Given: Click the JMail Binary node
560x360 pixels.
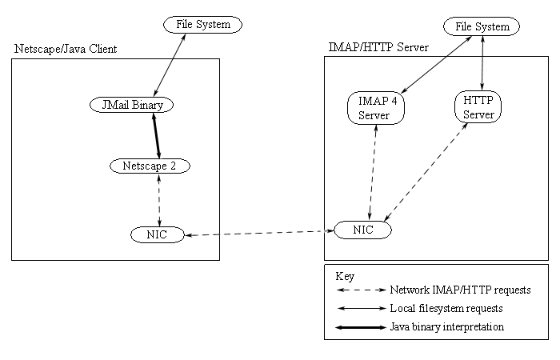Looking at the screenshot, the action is pos(131,105).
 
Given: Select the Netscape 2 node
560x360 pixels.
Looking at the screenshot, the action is pos(150,166).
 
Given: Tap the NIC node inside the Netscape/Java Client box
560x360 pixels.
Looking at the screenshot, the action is pos(157,234).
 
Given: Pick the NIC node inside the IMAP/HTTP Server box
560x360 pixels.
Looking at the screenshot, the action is pos(362,230).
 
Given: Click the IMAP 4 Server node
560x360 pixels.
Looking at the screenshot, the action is pos(376,108).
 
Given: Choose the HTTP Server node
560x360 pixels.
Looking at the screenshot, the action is pos(478,106).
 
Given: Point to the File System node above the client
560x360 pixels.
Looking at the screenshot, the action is pos(203,25).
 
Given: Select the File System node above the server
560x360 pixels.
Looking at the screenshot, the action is pos(482,26).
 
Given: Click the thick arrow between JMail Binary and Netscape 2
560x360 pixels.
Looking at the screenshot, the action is pos(157,136).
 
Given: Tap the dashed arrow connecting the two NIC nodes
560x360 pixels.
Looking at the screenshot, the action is pos(259,233).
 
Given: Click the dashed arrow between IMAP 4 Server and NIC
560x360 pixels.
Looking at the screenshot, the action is pos(373,173).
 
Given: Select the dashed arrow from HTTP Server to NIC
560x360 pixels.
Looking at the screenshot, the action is pos(426,172).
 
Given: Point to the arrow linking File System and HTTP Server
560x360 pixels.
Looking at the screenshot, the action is pos(482,63).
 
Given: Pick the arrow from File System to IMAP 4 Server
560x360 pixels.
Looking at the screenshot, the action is pos(437,65).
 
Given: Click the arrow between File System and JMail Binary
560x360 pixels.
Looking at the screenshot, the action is pos(170,65).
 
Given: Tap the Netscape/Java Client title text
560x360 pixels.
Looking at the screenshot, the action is pos(66,49).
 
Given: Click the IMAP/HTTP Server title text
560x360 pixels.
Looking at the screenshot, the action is pos(378,47).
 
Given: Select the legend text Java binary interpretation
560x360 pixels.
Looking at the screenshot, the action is pos(446,326).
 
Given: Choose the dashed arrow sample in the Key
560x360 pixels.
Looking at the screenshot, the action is pos(362,290).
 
